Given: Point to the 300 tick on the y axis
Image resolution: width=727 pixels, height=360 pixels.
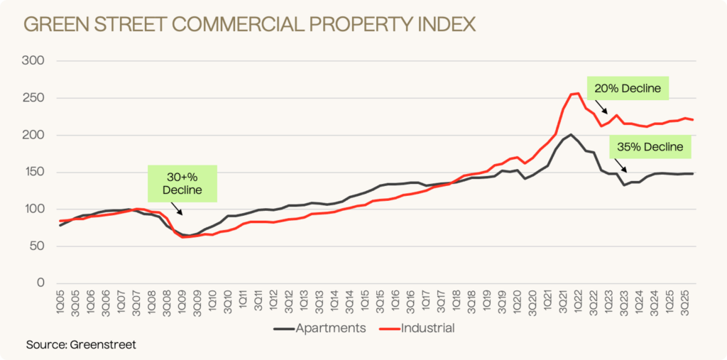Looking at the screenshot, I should pos(35,61).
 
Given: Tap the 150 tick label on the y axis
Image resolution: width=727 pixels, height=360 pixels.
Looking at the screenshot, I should pos(35,172).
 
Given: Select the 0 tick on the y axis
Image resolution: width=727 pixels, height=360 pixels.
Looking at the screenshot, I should pos(41,283).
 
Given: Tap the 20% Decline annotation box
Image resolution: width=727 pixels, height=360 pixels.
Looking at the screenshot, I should pos(629,89).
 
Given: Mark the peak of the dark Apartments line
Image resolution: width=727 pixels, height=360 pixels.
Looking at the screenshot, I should pos(570,134).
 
